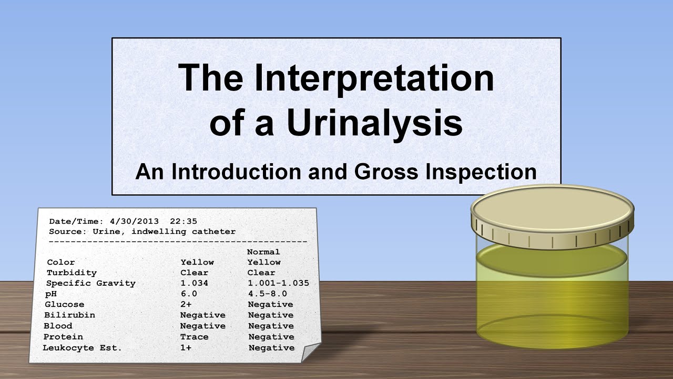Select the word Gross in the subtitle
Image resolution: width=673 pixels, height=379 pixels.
coord(386,172)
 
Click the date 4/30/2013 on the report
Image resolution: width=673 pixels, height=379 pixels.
coord(134,222)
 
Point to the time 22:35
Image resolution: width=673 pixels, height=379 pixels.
coord(183,222)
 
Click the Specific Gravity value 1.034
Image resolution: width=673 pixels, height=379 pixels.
coord(194,283)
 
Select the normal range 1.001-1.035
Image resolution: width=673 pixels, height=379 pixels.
coord(279,283)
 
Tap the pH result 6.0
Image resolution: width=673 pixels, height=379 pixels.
coord(189,294)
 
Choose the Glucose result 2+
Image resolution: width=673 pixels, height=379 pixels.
coord(186,304)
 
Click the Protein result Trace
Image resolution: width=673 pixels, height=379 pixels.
coord(194,337)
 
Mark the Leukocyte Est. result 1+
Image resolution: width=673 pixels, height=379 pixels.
coord(186,348)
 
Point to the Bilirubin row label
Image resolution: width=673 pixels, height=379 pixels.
coord(70,315)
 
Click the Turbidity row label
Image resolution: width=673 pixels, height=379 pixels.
coord(72,273)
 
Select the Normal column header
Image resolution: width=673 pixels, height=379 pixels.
coord(263,252)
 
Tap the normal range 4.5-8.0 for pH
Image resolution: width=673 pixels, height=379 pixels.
coord(268,294)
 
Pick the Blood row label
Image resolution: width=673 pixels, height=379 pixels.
coord(58,326)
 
